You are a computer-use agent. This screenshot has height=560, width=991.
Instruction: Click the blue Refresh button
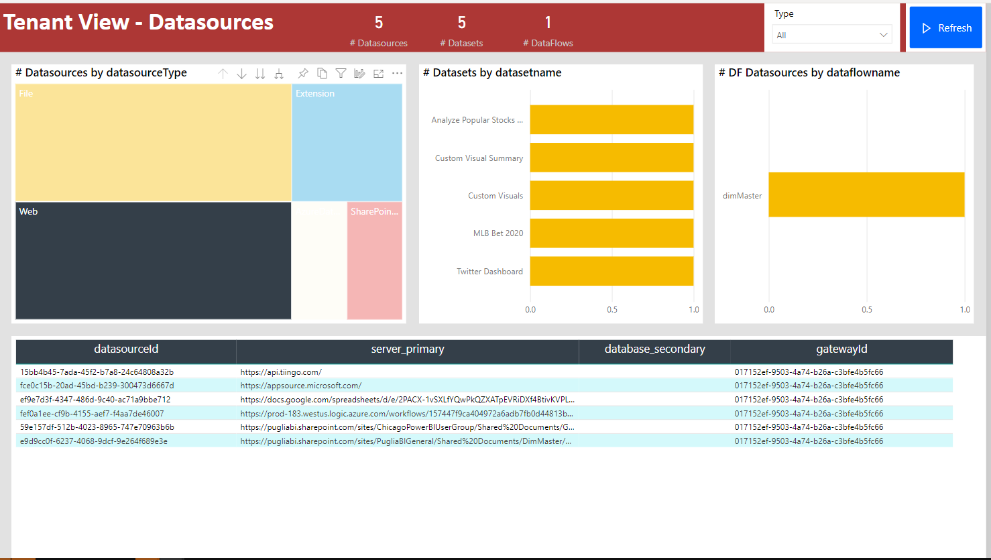point(946,28)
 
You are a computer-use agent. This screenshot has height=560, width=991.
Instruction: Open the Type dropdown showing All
point(832,35)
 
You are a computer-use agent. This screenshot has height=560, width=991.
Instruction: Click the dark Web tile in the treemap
point(153,260)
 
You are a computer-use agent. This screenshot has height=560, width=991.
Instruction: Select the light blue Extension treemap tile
point(347,142)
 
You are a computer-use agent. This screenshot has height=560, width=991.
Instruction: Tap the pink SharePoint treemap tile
point(374,260)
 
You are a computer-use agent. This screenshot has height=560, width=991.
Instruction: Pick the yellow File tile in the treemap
point(153,142)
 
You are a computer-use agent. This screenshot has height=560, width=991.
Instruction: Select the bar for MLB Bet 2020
point(611,233)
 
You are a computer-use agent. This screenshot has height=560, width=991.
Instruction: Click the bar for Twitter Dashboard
point(611,271)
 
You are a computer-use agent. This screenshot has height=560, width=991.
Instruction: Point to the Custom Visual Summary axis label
point(479,158)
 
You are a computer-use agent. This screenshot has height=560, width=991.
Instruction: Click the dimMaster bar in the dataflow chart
point(866,195)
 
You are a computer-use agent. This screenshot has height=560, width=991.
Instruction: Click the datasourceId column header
point(126,349)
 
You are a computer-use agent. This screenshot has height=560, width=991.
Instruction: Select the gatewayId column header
point(841,349)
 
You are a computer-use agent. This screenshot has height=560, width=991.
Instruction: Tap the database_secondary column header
point(654,349)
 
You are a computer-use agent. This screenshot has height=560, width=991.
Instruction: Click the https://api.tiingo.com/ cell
point(281,372)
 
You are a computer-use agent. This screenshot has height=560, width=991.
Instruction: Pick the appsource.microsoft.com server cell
point(301,386)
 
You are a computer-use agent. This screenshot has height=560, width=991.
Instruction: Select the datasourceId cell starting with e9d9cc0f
point(94,441)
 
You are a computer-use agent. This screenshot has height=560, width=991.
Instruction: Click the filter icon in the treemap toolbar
point(341,73)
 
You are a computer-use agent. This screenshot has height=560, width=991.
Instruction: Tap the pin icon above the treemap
point(303,73)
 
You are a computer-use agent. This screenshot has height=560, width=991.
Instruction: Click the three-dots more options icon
point(397,73)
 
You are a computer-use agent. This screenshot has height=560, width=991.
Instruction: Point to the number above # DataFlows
point(548,23)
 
